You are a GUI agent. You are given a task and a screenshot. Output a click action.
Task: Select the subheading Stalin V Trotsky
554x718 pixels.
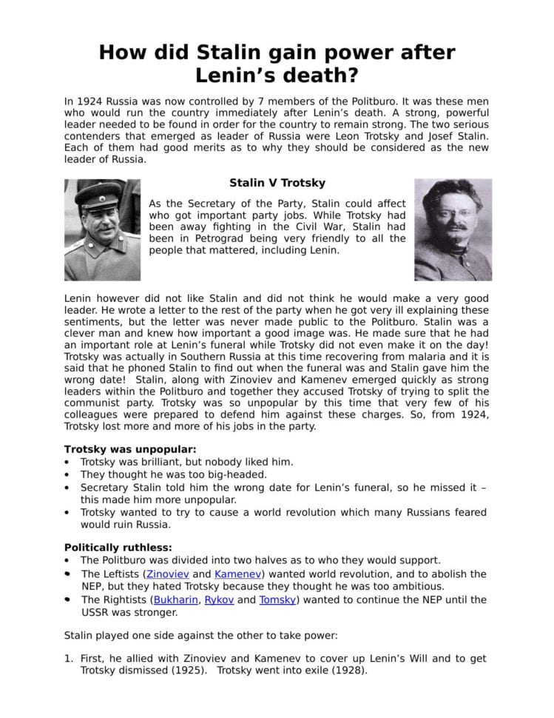277,182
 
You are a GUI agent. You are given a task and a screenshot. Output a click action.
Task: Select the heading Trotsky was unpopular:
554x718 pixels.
130,449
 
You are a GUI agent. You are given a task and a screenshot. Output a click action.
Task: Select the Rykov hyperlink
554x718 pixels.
219,600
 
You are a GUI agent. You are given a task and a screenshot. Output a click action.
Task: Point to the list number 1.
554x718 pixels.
67,658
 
